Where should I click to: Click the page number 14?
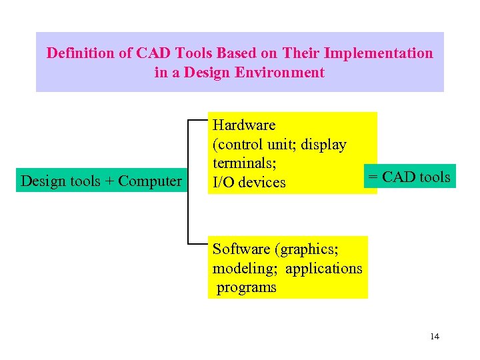pyautogui.click(x=435, y=336)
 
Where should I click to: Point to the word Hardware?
pyautogui.click(x=243, y=125)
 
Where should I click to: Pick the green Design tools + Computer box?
pyautogui.click(x=101, y=181)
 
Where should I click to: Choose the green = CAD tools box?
pyautogui.click(x=410, y=177)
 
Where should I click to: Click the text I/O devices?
pyautogui.click(x=249, y=182)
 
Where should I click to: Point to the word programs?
pyautogui.click(x=247, y=287)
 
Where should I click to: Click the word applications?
pyautogui.click(x=324, y=268)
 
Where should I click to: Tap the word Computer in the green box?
pyautogui.click(x=150, y=181)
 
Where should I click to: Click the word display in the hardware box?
pyautogui.click(x=323, y=144)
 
